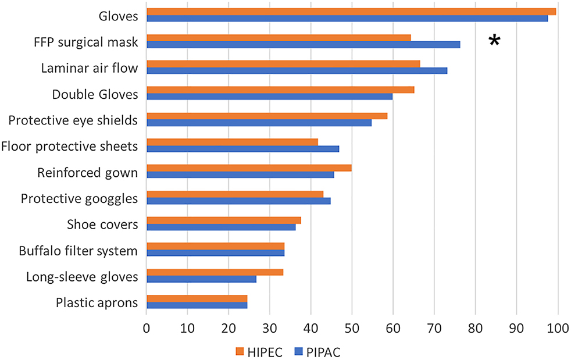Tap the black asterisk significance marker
(494, 40)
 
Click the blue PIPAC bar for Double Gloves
(269, 97)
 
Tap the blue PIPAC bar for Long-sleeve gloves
(201, 279)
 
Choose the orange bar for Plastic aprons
(197, 298)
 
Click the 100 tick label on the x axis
(558, 327)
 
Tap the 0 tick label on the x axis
(147, 327)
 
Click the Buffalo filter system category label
(78, 251)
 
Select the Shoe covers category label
(102, 224)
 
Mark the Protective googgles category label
(79, 199)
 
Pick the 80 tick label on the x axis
(476, 327)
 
